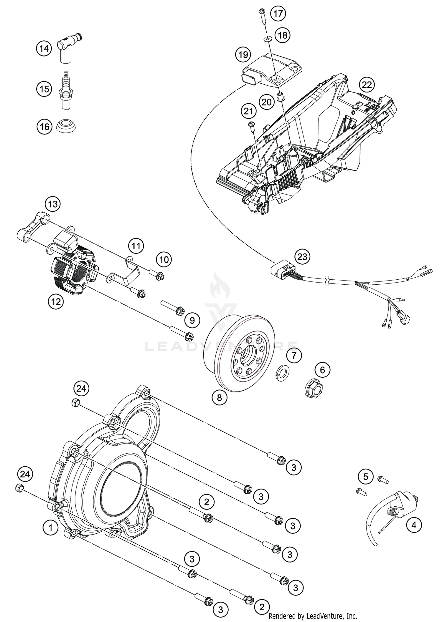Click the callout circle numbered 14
click(x=44, y=48)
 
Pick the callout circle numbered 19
click(x=243, y=55)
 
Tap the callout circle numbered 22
click(x=367, y=85)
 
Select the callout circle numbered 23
click(x=302, y=257)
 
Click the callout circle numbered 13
click(x=53, y=204)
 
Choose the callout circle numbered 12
click(x=56, y=301)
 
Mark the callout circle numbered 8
click(x=219, y=398)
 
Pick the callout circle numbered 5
click(x=366, y=476)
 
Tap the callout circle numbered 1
click(x=50, y=528)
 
